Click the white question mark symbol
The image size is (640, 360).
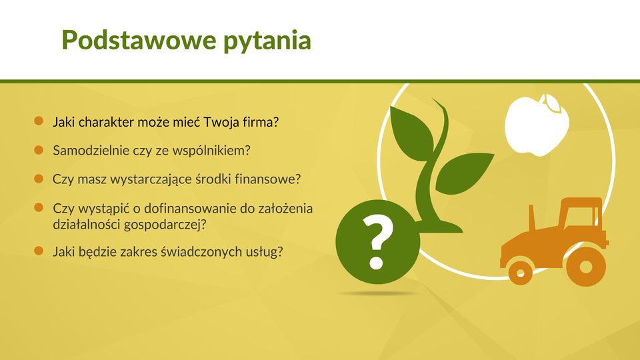(377, 242)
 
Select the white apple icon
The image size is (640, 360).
(537, 125)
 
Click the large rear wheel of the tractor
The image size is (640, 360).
(586, 267)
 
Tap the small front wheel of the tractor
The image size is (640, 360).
(521, 273)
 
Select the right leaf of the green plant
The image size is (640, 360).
(465, 173)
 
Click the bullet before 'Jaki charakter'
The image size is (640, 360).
(39, 121)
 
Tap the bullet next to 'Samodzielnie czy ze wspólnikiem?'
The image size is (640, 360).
(39, 150)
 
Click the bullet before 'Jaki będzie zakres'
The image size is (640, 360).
(39, 251)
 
